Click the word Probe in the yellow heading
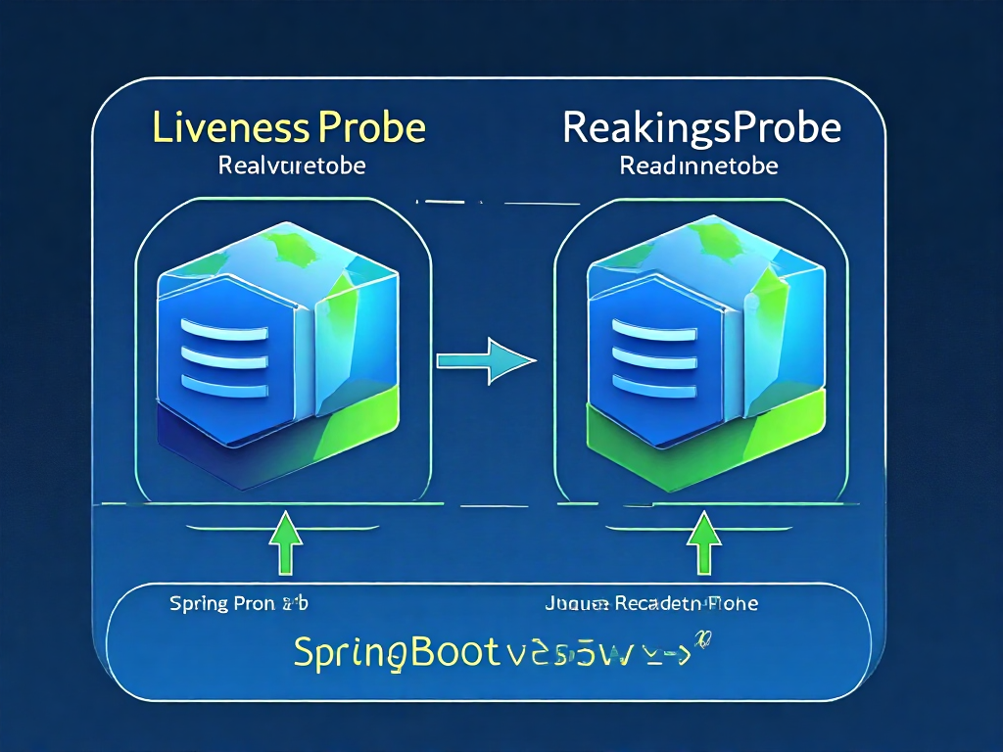coord(370,129)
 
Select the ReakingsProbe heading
coord(702,128)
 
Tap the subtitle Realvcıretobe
coord(293,165)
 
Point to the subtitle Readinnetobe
coord(699,165)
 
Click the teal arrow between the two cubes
coord(486,360)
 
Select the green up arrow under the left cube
coord(284,544)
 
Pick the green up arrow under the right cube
coord(702,544)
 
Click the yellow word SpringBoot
coord(391,652)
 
